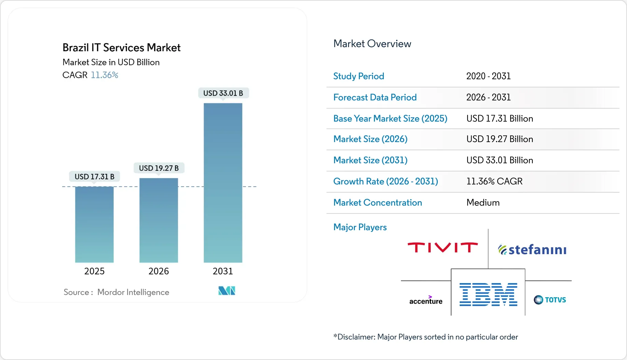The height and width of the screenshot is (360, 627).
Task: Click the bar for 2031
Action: point(223,183)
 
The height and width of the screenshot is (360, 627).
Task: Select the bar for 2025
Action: point(94,224)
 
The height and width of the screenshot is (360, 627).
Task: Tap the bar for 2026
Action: point(158,220)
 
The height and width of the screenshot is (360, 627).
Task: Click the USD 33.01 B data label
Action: point(223,93)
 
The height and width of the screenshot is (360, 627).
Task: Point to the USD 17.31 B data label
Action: point(94,177)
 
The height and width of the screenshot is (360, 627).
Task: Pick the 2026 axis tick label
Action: point(158,271)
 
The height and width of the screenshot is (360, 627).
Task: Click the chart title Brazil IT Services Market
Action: point(121,47)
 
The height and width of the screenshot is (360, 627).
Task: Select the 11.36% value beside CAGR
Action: point(104,75)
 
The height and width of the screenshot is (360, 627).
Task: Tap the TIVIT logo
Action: point(443,248)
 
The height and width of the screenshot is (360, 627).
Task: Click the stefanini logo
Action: point(532,250)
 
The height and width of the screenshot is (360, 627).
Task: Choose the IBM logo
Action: point(488,294)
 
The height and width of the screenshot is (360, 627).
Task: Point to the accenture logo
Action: point(426,300)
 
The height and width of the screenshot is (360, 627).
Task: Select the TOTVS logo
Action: point(550,300)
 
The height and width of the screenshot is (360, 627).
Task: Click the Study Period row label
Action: point(359,76)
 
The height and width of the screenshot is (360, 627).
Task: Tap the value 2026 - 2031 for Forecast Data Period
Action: point(488,97)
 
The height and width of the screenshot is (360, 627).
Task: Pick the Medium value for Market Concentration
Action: point(483,203)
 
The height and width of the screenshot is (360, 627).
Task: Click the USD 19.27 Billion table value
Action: point(499,139)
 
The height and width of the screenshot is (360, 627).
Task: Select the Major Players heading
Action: point(360,227)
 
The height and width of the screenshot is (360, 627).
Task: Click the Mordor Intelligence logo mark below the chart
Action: point(227,291)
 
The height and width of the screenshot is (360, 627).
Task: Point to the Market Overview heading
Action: point(372,44)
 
